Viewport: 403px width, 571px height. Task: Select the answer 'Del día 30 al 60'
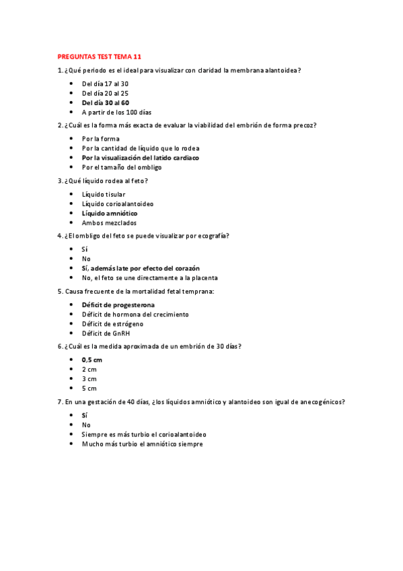pos(105,102)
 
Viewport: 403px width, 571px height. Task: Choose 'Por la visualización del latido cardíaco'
pos(140,158)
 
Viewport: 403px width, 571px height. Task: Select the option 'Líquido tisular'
pos(103,195)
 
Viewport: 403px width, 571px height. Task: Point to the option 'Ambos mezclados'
pos(109,222)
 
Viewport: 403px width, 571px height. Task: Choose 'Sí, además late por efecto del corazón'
pos(141,268)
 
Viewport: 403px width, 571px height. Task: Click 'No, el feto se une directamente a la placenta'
pos(149,277)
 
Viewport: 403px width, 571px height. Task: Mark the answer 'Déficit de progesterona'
pos(118,305)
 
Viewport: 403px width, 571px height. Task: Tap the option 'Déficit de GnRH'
pos(106,333)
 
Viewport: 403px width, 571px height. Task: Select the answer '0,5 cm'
pos(93,360)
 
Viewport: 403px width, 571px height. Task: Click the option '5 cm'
pos(89,388)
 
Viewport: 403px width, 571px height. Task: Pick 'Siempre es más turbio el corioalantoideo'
pos(143,434)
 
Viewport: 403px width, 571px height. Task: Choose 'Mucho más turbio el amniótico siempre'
pos(142,444)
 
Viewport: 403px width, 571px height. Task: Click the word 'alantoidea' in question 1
pos(277,71)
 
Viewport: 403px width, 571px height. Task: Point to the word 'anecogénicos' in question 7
pos(321,402)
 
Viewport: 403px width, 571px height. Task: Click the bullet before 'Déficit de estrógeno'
pos(72,324)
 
